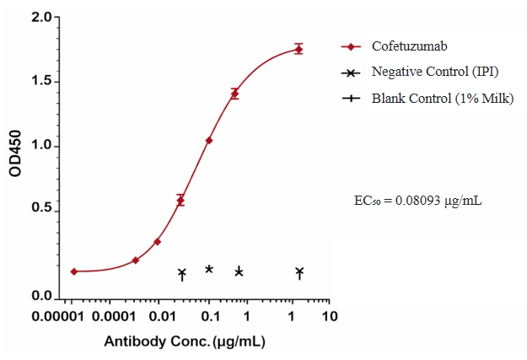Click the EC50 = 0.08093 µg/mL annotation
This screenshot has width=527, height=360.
pyautogui.click(x=417, y=201)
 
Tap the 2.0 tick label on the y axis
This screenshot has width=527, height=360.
pyautogui.click(x=41, y=18)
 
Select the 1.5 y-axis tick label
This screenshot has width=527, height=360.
pyautogui.click(x=41, y=82)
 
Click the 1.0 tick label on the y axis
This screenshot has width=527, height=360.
pyautogui.click(x=41, y=146)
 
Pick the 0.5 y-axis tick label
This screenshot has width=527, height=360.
pyautogui.click(x=41, y=209)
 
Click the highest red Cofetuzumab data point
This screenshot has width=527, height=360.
pyautogui.click(x=298, y=49)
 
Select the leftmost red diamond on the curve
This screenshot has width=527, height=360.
pyautogui.click(x=74, y=271)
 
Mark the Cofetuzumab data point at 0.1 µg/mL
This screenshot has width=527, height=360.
pyautogui.click(x=209, y=140)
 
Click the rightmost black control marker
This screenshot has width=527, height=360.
pyautogui.click(x=299, y=271)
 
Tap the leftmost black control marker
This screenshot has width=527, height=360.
pyautogui.click(x=181, y=273)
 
